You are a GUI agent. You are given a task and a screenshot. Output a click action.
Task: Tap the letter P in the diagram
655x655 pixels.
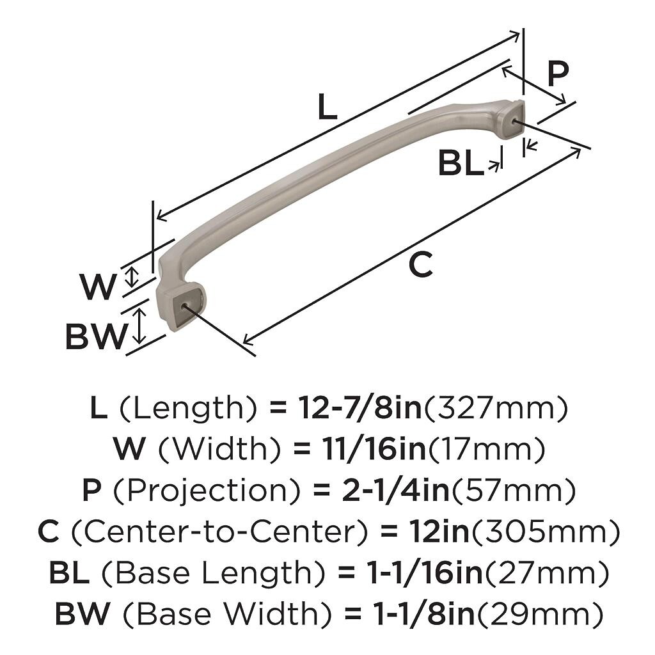coord(558,75)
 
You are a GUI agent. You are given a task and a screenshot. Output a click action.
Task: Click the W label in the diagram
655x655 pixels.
coord(99,287)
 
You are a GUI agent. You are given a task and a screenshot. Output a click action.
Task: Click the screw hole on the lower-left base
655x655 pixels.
coord(186,308)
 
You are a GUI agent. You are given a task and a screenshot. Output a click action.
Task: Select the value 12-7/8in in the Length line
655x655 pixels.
coord(359,408)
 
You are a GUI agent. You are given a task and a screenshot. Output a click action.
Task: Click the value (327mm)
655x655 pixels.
coord(495,408)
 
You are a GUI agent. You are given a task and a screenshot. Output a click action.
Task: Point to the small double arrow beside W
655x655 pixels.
coord(132,277)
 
